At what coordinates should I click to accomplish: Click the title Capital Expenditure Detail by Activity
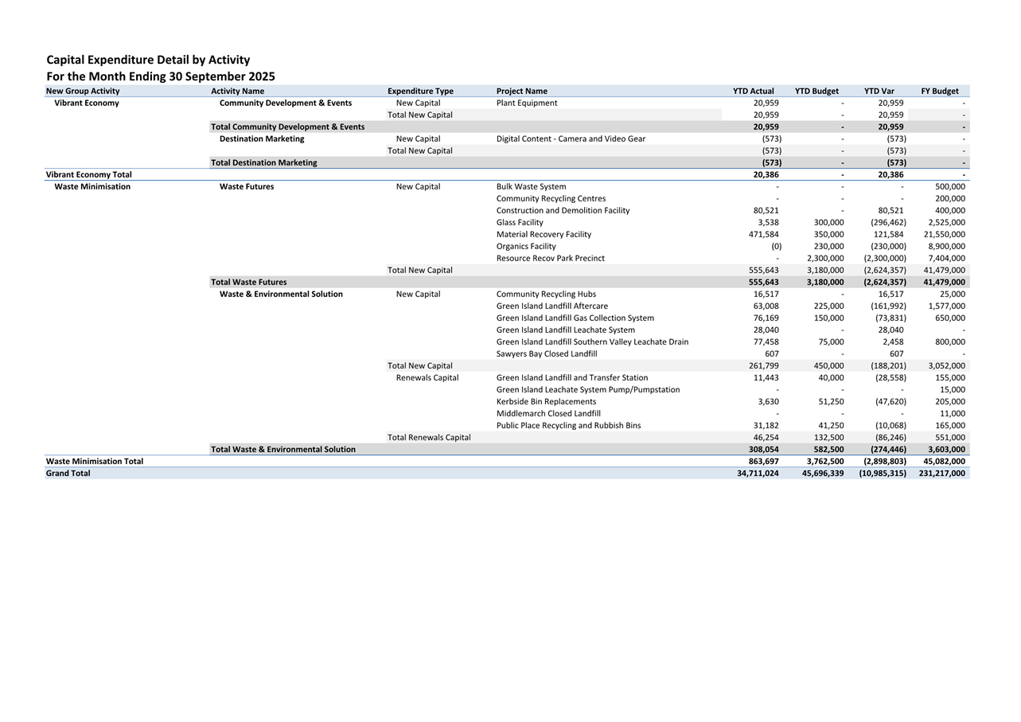point(148,60)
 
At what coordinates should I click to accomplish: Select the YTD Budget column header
point(816,91)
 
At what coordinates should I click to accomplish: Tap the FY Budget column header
point(939,91)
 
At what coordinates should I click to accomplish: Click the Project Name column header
point(521,91)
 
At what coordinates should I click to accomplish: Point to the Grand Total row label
point(68,473)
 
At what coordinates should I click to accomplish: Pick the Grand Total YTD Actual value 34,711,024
point(758,473)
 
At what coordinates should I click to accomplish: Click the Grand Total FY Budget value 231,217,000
point(941,473)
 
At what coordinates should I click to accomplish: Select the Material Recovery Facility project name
point(544,234)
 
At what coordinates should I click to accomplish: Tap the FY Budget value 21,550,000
point(944,234)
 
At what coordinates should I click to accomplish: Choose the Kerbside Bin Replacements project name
point(546,401)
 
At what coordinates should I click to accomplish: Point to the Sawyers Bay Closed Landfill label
point(546,353)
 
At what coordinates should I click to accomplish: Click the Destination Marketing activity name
point(262,139)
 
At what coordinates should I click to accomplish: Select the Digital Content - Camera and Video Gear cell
point(571,139)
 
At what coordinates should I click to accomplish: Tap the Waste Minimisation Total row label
point(95,461)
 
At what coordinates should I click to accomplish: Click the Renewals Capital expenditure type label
point(427,377)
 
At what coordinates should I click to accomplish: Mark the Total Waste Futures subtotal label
point(248,282)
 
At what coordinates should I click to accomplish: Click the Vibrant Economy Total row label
point(89,174)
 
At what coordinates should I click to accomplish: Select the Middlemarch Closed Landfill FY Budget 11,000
point(951,413)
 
